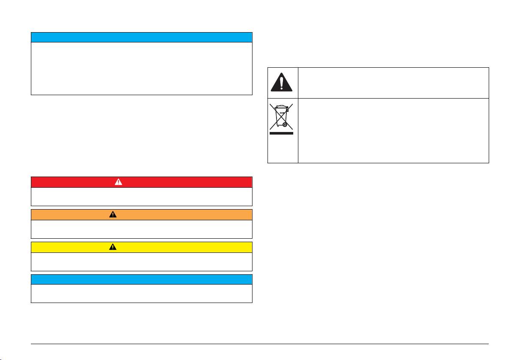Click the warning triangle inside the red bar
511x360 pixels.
[118, 182]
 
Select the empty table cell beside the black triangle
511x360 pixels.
[393, 82]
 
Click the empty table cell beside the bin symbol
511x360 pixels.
[393, 130]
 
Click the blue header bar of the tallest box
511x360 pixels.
[141, 37]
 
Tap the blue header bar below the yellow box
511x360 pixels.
[141, 279]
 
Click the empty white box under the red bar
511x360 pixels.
[141, 197]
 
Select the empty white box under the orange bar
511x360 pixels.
[141, 229]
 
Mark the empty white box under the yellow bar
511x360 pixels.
[141, 262]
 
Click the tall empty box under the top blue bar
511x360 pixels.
[141, 68]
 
